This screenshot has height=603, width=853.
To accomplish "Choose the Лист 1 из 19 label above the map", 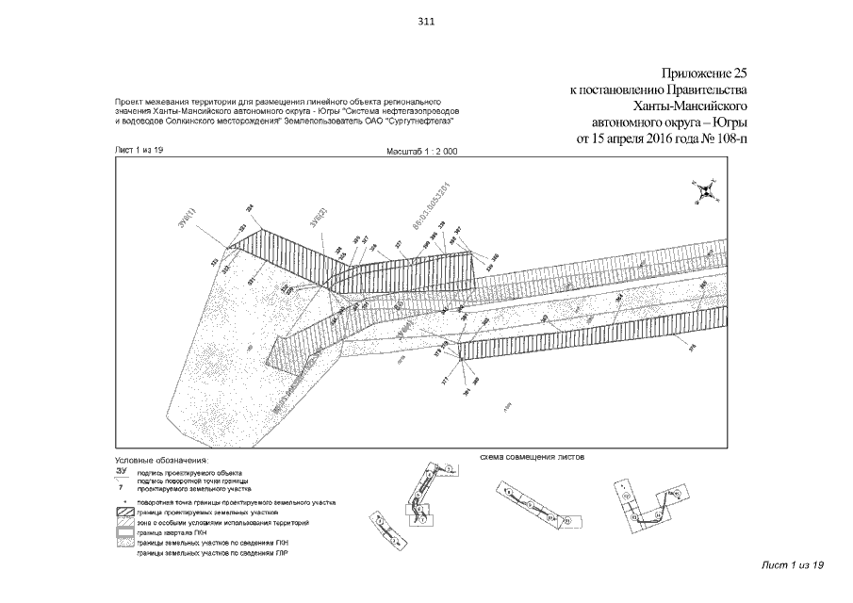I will pos(139,151).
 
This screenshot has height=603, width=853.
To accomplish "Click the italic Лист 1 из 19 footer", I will pos(792,563).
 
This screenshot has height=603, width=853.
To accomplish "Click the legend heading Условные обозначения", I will pos(156,460).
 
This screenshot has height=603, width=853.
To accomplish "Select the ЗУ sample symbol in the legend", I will pos(121,470).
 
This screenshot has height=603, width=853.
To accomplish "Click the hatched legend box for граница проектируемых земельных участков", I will pos(122,512).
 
